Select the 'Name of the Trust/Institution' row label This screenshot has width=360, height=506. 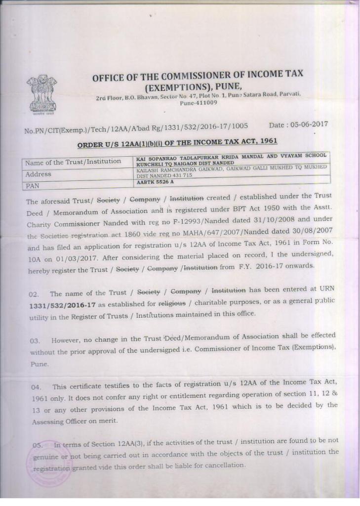click(73, 162)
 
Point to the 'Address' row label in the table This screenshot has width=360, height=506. click(38, 174)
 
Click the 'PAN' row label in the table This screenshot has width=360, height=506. click(32, 186)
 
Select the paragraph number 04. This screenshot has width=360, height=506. click(36, 387)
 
